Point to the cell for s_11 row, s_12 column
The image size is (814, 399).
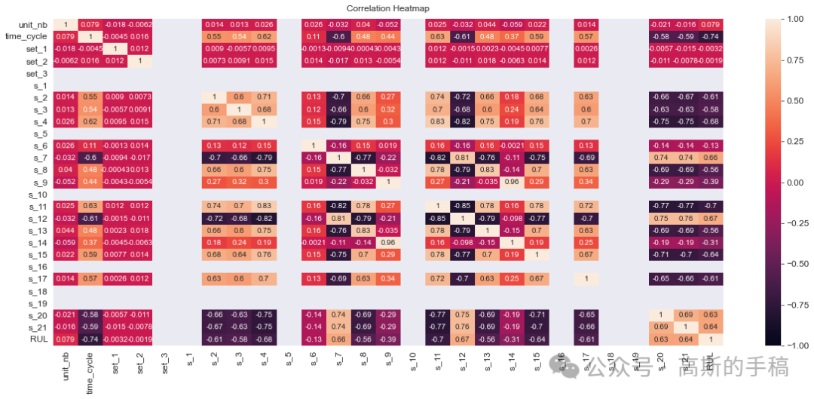[x=462, y=206]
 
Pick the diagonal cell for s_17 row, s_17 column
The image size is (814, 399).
[x=586, y=278]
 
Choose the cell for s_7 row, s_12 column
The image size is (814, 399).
[x=462, y=158]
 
